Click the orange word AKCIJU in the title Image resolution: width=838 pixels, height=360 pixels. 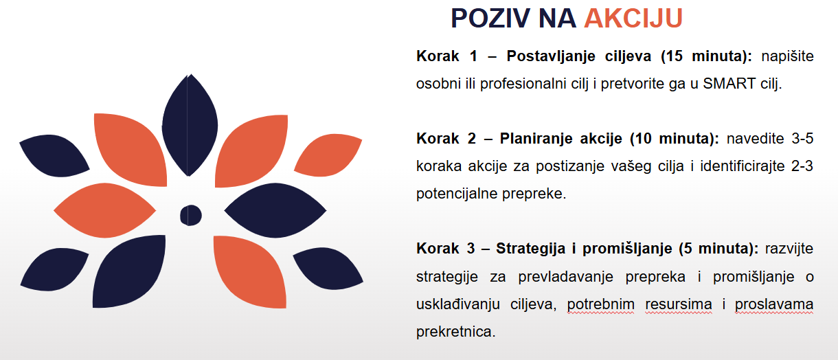[633, 18]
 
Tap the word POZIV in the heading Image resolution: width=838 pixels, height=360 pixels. [490, 18]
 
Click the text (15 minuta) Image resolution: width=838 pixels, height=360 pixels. [706, 56]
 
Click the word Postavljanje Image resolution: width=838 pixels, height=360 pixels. [551, 56]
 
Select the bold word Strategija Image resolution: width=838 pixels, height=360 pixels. [530, 249]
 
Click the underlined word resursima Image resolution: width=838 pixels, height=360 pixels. [679, 304]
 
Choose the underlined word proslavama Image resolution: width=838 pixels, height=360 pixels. [774, 304]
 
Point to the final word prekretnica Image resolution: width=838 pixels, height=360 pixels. [455, 332]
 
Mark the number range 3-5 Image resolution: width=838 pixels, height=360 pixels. [802, 139]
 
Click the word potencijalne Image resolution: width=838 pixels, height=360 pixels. [455, 194]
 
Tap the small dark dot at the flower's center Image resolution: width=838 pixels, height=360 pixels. [191, 215]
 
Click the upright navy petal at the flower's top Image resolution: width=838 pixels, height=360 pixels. [190, 125]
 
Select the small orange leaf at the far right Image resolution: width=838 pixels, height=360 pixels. [328, 155]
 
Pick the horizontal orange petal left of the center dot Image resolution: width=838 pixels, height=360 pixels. [104, 210]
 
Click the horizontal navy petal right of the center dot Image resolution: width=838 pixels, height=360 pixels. [275, 210]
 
